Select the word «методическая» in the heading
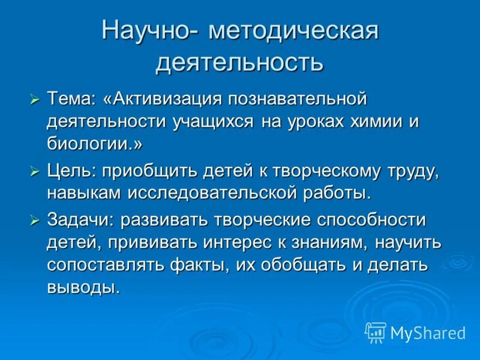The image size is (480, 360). click(293, 31)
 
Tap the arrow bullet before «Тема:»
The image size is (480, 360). click(35, 97)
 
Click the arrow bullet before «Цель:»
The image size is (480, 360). click(35, 171)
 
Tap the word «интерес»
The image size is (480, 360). click(224, 243)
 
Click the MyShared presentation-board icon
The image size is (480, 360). click(376, 332)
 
